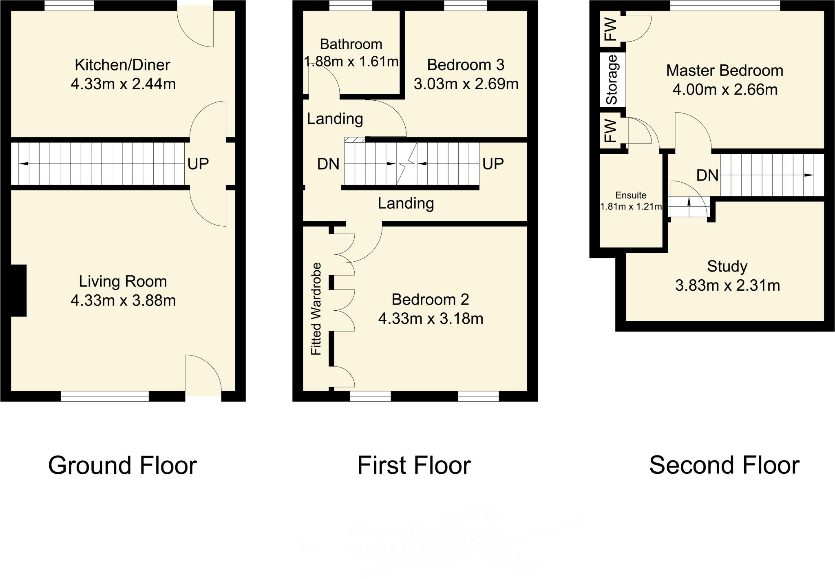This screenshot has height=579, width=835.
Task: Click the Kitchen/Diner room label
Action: (122, 65)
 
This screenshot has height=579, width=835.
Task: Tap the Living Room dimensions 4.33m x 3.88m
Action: (123, 301)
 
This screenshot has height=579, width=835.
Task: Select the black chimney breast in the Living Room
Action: (18, 290)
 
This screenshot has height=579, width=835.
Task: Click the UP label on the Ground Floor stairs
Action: (198, 164)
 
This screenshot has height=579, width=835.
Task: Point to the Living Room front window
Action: (105, 396)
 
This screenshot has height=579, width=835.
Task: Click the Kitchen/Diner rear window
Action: (69, 5)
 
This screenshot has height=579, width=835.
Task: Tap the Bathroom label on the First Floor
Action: (351, 44)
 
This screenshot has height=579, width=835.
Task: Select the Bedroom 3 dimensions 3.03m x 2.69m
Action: (466, 84)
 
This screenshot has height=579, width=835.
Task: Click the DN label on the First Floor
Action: (328, 164)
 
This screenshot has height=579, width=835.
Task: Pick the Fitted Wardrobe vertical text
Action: (316, 309)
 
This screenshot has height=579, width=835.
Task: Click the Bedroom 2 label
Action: (430, 299)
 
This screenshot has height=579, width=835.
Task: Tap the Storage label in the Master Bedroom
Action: (612, 79)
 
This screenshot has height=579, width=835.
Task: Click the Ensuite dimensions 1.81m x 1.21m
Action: (631, 207)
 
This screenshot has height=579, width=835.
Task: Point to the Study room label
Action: (727, 266)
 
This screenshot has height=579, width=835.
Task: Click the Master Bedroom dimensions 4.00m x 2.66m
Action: (725, 90)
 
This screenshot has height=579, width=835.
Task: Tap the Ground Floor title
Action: (122, 465)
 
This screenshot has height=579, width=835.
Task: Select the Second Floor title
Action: (724, 465)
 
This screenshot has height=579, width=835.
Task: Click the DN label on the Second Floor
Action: (707, 175)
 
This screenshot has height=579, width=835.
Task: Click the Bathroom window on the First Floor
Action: (351, 5)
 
